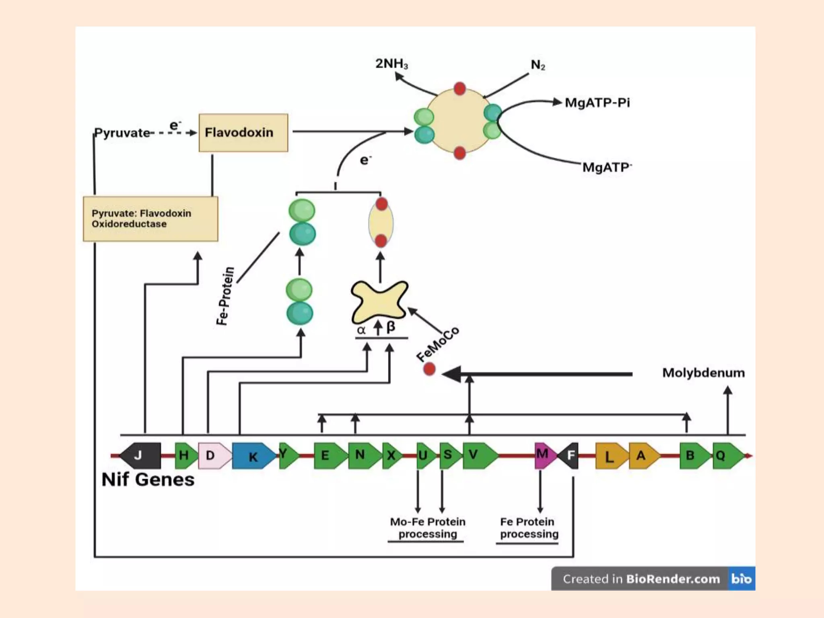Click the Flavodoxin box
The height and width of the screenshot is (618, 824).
pos(243,132)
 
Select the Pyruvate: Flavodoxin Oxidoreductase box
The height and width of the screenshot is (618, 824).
pos(150,218)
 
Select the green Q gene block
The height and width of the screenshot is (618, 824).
pos(727,455)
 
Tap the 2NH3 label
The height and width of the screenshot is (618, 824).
pos(391,64)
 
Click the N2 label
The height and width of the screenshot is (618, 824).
pos(538,65)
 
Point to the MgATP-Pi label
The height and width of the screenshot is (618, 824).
pos(597,103)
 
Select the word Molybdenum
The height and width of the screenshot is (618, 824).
pos(703,373)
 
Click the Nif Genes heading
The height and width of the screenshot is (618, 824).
pos(148,480)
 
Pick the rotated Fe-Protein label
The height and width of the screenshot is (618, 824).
pos(225,296)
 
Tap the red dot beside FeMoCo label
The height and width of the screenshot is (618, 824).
pos(429,369)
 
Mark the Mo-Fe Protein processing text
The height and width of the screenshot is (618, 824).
pos(428,527)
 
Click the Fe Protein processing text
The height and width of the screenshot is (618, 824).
pos(529,527)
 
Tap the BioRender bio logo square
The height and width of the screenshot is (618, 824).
pos(741,579)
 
